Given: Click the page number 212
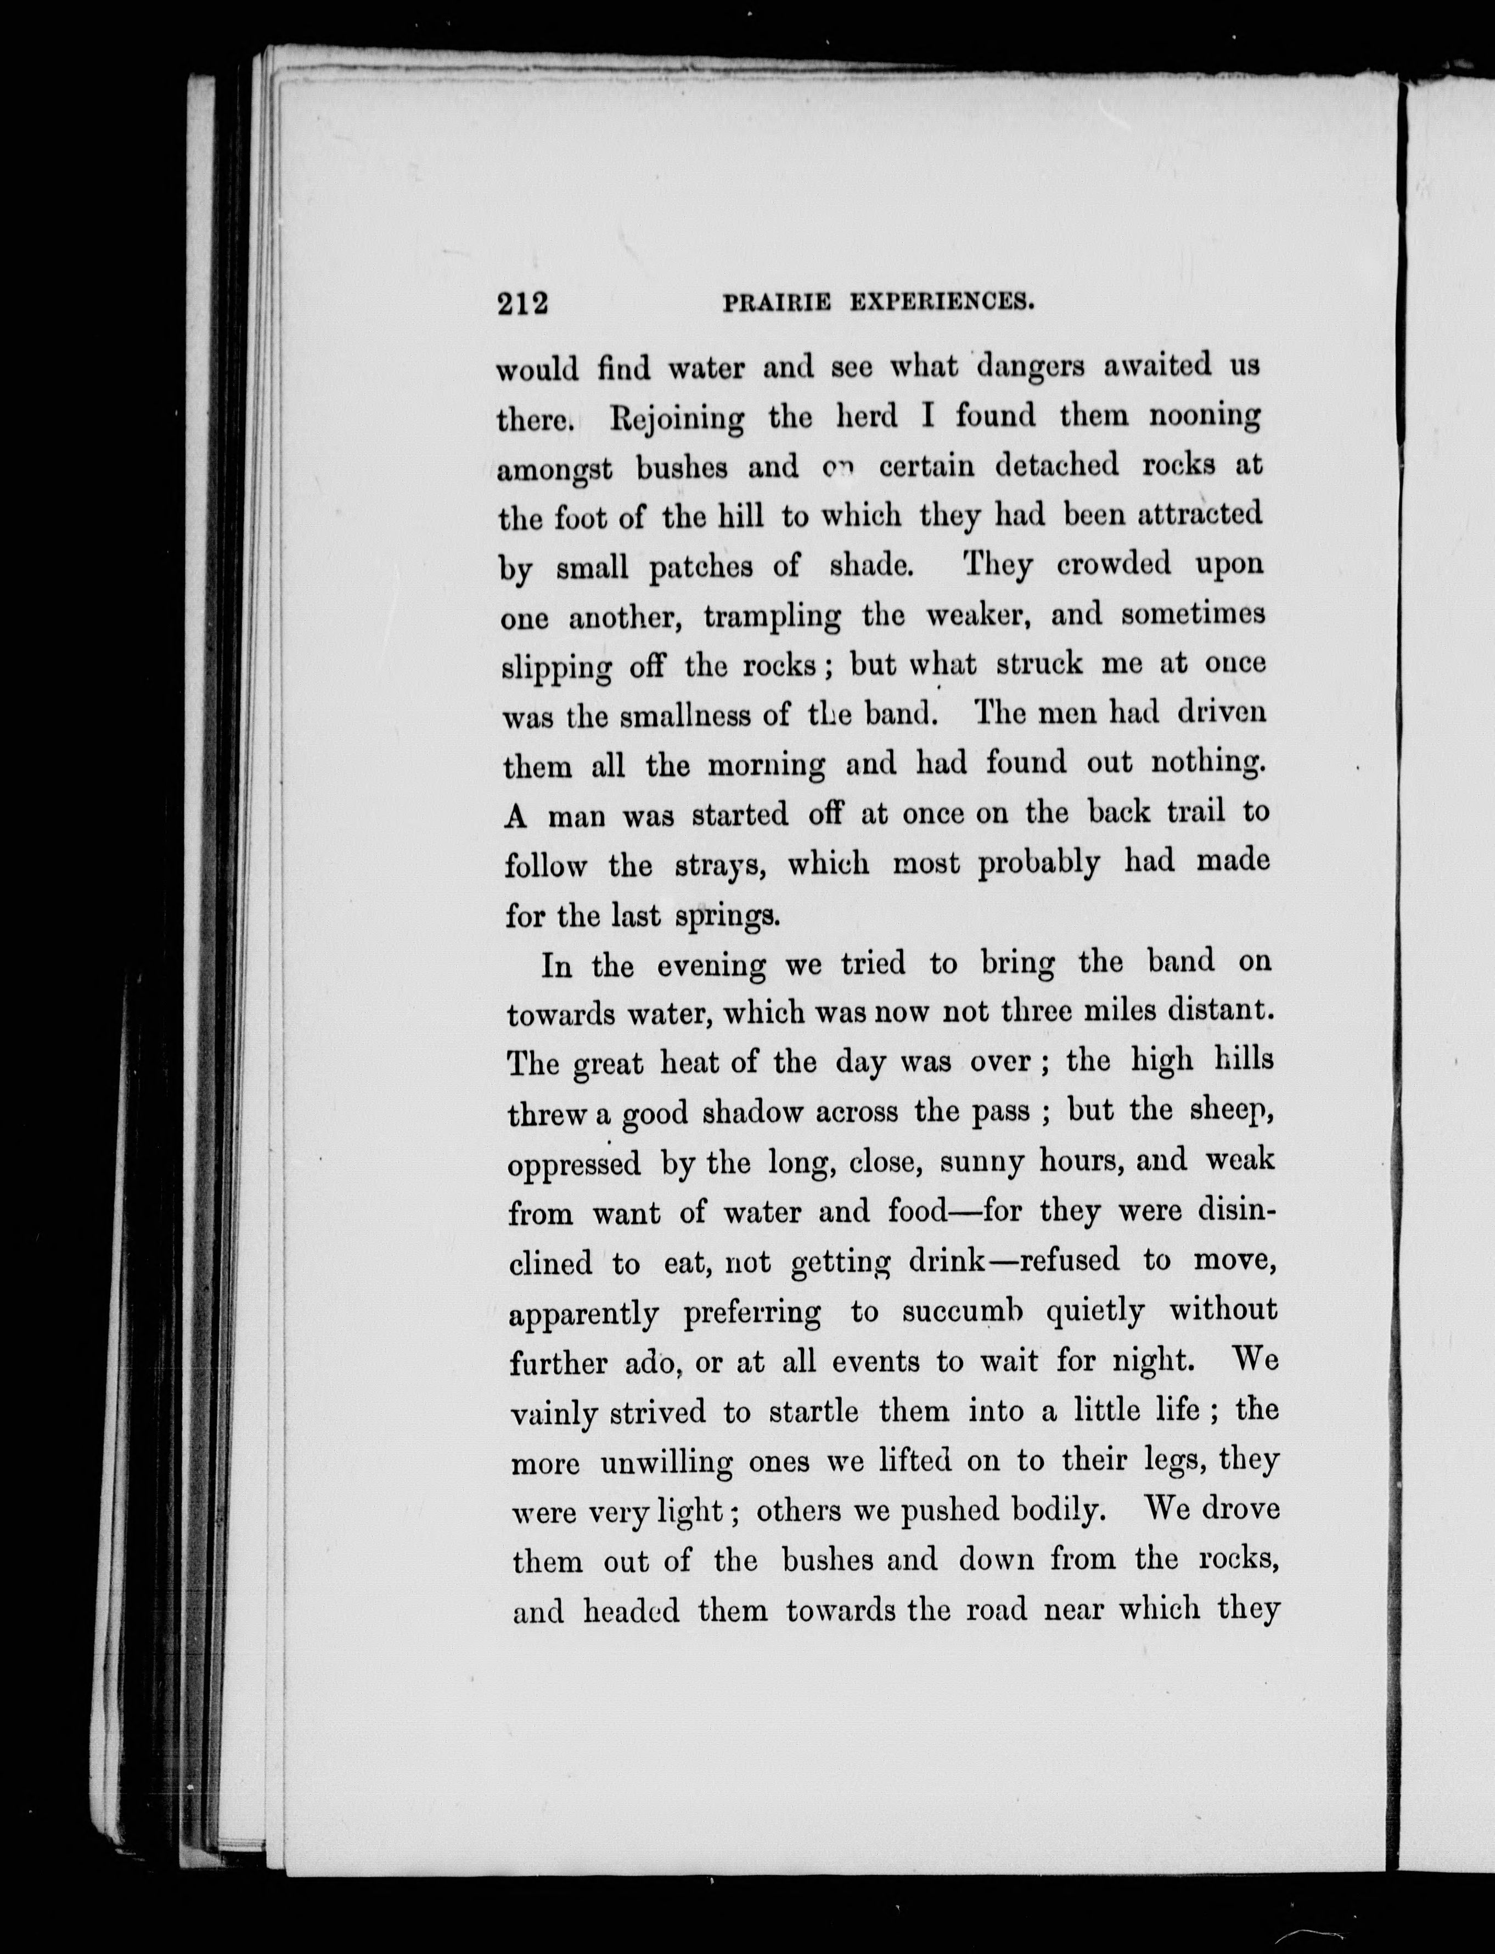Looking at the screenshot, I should (523, 304).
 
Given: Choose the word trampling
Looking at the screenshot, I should (772, 617).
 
